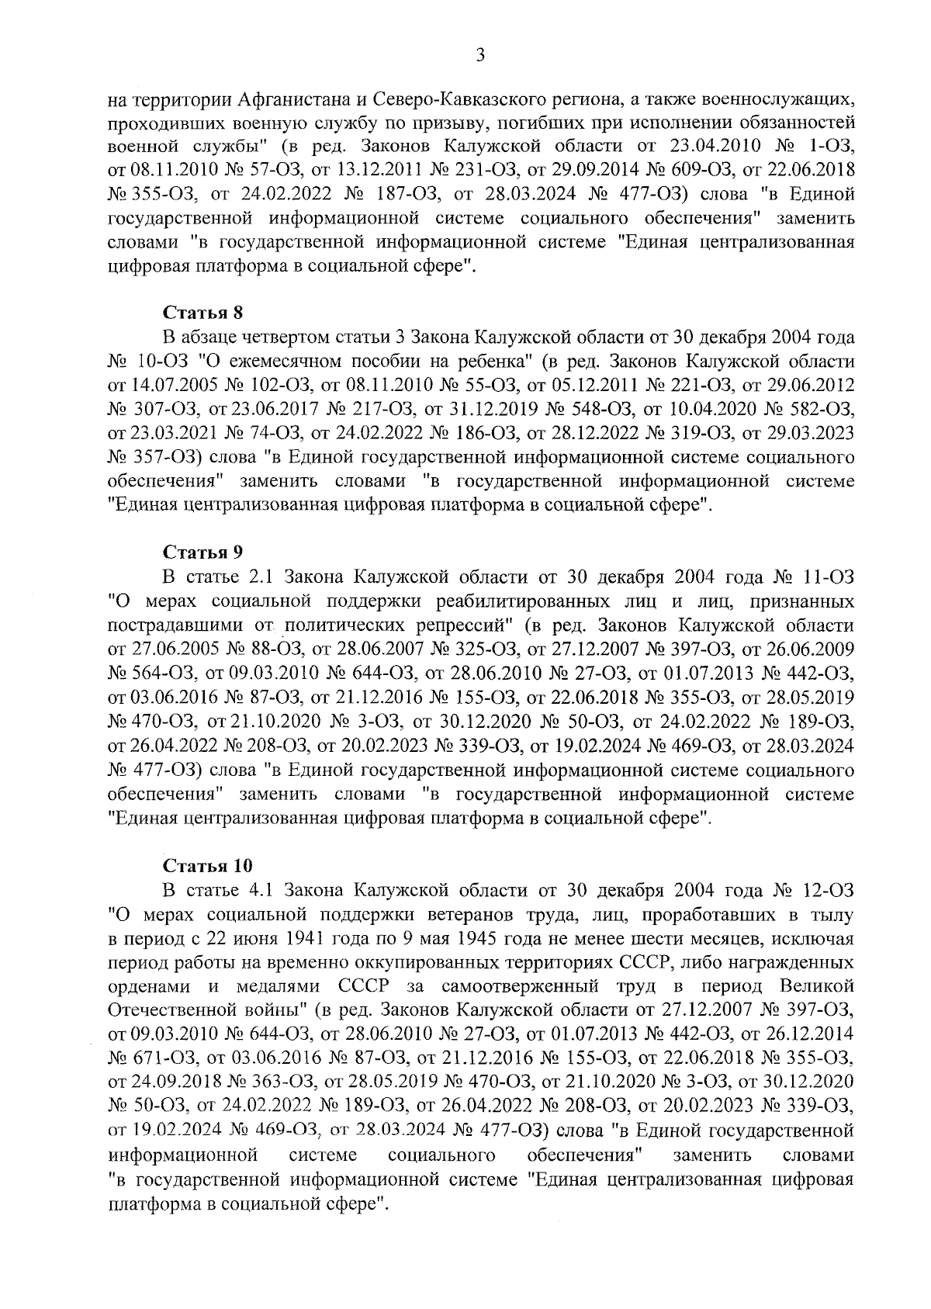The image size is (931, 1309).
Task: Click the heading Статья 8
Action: (x=202, y=313)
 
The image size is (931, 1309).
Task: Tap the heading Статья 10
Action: (x=207, y=865)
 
